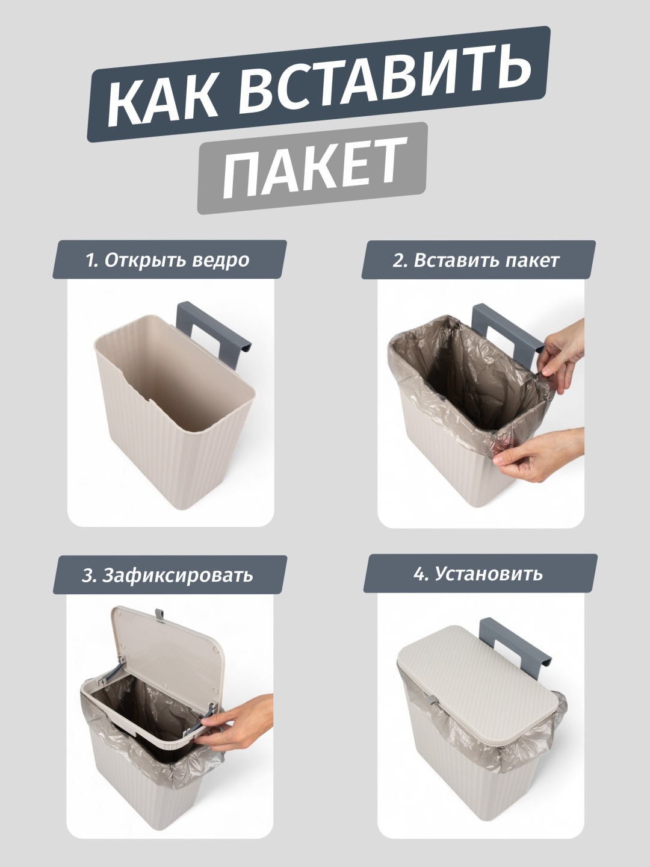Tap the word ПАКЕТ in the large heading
314,169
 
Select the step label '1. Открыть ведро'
168,261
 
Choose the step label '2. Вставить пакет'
475,261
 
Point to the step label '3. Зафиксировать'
167,575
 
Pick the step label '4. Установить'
478,574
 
